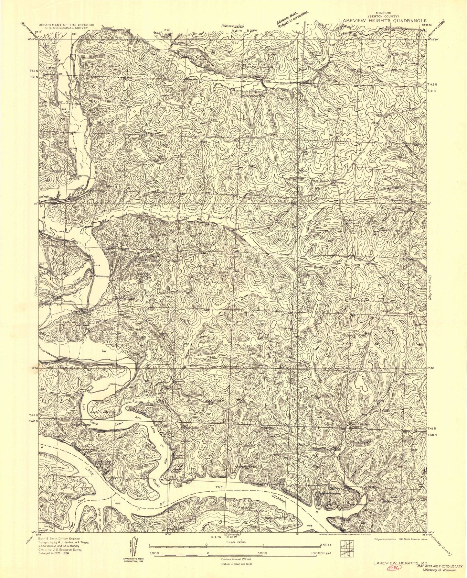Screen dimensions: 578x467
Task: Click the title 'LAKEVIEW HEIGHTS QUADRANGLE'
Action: click(383, 20)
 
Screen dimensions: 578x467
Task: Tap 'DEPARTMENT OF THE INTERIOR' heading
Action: click(66, 25)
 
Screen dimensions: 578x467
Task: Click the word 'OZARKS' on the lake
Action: click(278, 492)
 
